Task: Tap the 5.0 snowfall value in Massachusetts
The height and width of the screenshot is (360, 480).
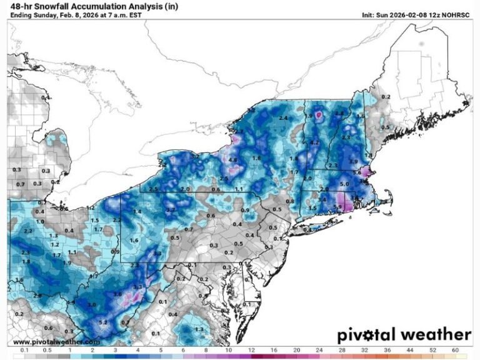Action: pyautogui.click(x=344, y=185)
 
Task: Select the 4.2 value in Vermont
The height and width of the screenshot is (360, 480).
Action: pyautogui.click(x=315, y=142)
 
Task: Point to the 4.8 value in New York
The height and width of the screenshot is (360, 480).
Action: pyautogui.click(x=233, y=161)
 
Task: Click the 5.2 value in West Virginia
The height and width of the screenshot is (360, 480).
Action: pyautogui.click(x=104, y=322)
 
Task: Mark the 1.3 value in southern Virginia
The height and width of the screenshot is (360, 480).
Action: pyautogui.click(x=199, y=329)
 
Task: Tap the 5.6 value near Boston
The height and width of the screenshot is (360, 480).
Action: pyautogui.click(x=357, y=172)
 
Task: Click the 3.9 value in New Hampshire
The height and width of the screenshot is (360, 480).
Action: pyautogui.click(x=353, y=162)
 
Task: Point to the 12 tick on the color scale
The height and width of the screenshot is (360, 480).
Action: pyautogui.click(x=251, y=351)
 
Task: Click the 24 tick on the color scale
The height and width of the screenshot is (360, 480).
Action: pyautogui.click(x=319, y=351)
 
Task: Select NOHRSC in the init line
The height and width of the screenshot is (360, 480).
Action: pyautogui.click(x=456, y=15)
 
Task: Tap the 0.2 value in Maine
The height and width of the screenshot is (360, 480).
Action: pyautogui.click(x=386, y=97)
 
